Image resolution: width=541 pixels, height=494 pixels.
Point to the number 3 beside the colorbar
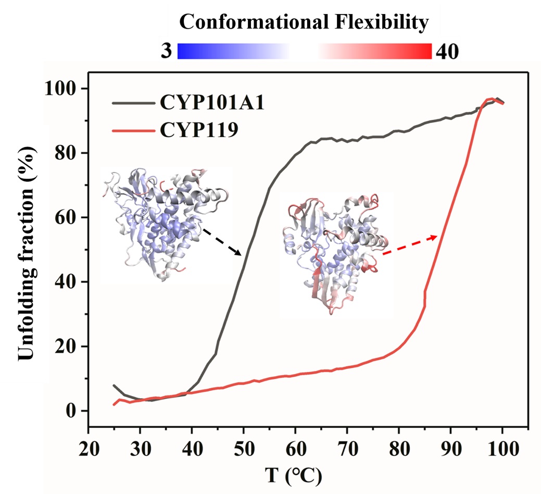(x=166, y=52)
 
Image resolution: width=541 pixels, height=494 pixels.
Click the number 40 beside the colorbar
(x=447, y=52)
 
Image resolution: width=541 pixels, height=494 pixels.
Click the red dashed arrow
(x=409, y=245)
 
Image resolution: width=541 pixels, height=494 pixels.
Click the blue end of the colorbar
(x=183, y=51)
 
